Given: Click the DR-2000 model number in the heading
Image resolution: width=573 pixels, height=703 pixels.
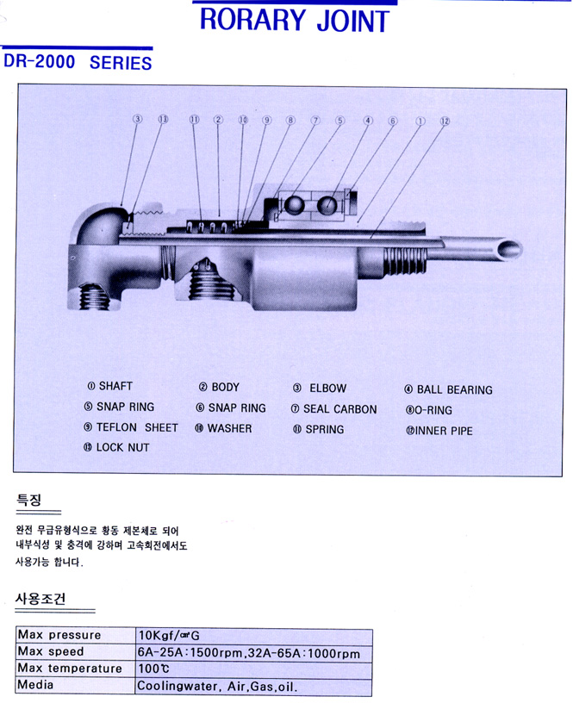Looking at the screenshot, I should tap(40, 62).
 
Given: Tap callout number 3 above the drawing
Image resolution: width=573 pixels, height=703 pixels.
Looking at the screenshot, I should tap(136, 120).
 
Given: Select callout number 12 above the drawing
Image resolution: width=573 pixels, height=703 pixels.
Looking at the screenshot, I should tap(445, 121).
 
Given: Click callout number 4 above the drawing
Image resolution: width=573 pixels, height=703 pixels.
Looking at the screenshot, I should tap(368, 121).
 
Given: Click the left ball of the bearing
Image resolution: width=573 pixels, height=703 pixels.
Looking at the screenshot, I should tap(295, 205).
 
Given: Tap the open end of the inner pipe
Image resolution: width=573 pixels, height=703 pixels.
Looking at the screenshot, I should tap(510, 249).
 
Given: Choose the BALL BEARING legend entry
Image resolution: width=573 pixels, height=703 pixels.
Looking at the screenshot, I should tap(448, 389).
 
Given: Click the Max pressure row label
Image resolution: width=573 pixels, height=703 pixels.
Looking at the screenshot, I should tap(59, 635).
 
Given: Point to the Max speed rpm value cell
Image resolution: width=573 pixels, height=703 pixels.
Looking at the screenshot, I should tap(248, 652).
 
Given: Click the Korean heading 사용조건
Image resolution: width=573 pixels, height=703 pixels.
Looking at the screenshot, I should tap(40, 599).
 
